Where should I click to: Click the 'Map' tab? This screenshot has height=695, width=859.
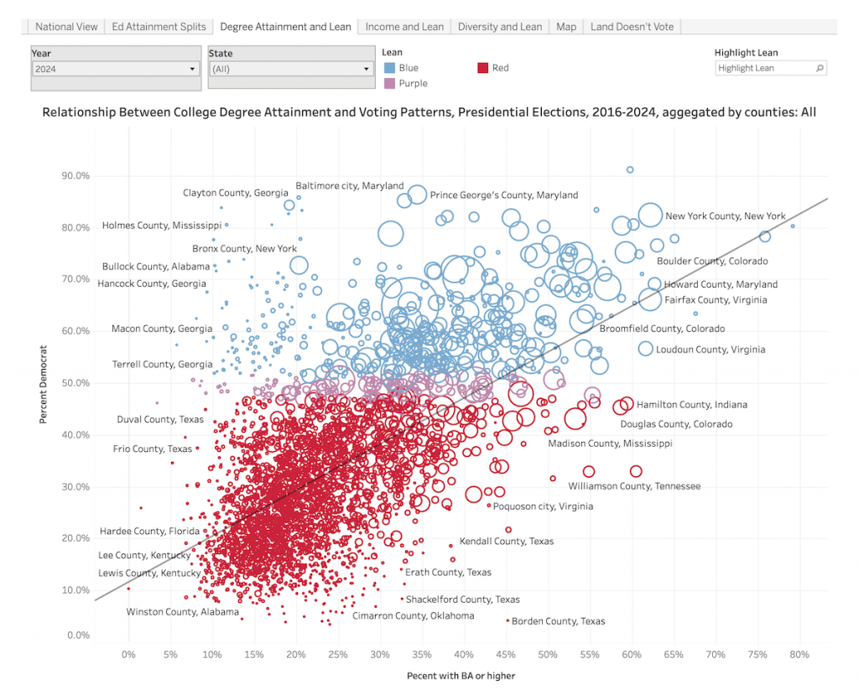[566, 27]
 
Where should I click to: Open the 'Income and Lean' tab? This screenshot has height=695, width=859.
[404, 27]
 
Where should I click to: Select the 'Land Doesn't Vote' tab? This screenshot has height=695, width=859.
[632, 27]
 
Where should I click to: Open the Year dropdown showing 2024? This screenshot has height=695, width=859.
[116, 69]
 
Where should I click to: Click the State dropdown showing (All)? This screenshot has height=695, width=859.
[290, 69]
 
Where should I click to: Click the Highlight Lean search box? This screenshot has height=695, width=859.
[770, 68]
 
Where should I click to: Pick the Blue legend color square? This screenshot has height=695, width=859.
[390, 68]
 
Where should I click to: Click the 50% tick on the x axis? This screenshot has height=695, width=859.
[548, 654]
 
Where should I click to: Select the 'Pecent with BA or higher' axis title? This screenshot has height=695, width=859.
[461, 676]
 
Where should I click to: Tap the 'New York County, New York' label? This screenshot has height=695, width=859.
[725, 216]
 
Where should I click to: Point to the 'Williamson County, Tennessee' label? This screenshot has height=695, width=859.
[633, 486]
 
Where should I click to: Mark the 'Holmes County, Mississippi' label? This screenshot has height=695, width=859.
[161, 226]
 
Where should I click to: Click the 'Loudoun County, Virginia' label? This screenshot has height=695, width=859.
[710, 350]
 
